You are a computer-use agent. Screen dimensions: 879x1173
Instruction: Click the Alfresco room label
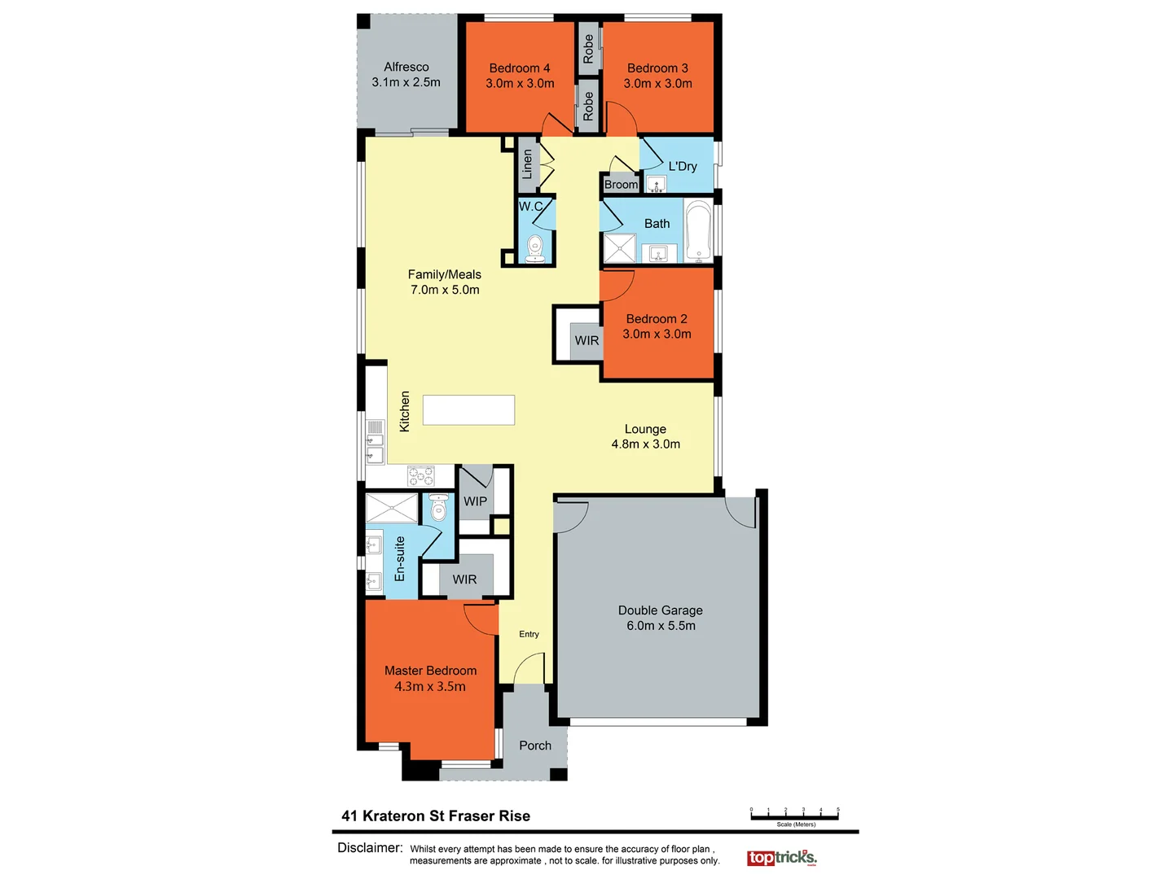406,68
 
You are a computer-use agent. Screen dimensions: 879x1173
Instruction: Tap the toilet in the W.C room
535,247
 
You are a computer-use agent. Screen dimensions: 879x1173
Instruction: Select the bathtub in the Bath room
698,231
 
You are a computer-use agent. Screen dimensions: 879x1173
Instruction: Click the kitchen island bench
468,410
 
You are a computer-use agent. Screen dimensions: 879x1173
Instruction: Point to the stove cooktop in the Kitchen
421,475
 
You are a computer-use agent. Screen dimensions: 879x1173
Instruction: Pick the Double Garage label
660,610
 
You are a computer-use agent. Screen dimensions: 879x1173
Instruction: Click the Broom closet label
621,185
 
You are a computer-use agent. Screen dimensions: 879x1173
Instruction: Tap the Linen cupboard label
527,164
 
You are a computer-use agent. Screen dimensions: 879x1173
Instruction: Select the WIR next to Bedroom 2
586,340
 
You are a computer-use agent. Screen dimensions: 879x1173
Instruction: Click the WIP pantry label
475,501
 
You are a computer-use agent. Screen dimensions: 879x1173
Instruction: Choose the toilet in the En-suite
438,509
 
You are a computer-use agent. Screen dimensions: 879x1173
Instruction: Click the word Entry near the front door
529,634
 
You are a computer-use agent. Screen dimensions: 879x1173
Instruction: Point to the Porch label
535,746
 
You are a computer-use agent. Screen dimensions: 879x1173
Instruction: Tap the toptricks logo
781,858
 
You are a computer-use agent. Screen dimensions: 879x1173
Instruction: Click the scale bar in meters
794,814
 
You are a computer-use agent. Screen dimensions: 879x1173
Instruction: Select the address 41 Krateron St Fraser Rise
436,816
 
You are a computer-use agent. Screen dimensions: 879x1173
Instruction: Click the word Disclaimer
370,848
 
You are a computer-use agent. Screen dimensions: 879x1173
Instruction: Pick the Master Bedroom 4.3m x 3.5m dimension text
430,686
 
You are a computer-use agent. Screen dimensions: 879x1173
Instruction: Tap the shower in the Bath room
619,248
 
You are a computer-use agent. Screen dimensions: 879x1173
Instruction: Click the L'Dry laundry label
683,166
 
